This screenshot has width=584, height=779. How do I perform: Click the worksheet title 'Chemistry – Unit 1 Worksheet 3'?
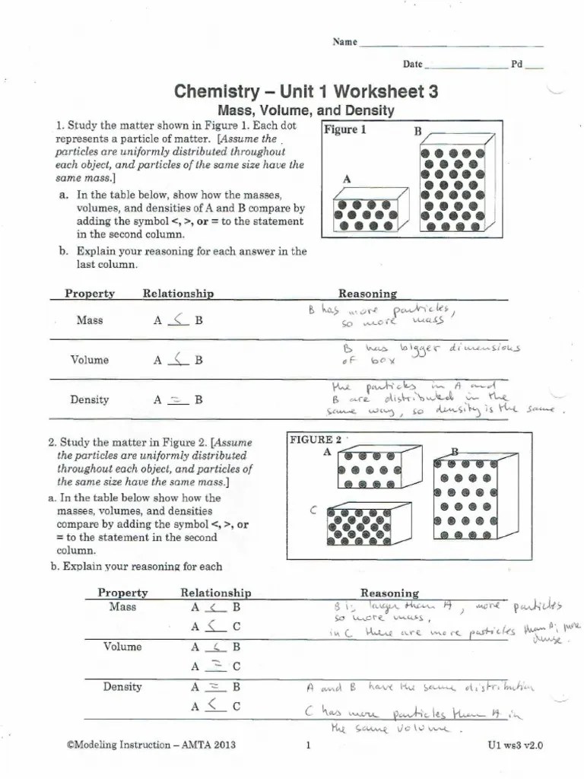(x=306, y=92)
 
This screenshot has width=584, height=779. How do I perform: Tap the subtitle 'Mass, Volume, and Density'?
(x=306, y=111)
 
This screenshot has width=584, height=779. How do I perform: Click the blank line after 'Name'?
(x=450, y=43)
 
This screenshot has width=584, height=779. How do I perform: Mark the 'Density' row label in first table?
(x=89, y=399)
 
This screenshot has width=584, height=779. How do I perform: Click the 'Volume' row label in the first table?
(x=89, y=360)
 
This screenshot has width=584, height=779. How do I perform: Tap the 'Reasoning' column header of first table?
(x=367, y=294)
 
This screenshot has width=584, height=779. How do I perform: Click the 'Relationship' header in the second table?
(x=215, y=593)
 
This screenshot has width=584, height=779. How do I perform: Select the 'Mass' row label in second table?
(x=122, y=607)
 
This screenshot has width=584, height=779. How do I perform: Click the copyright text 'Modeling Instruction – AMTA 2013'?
(x=151, y=745)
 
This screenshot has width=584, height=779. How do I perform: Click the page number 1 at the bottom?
(x=308, y=746)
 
